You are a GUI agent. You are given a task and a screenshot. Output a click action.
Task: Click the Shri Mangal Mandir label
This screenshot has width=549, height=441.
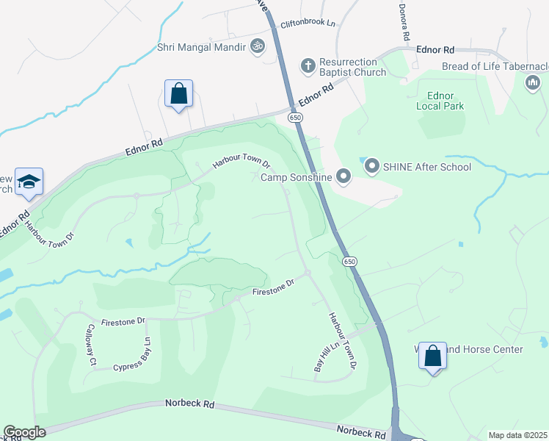(201, 47)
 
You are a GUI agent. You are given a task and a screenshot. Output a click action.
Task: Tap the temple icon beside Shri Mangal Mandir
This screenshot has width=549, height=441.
(256, 47)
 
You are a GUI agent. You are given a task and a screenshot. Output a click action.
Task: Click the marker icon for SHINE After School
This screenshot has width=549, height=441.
(371, 167)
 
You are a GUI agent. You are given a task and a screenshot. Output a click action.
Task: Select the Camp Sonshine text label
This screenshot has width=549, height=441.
(297, 176)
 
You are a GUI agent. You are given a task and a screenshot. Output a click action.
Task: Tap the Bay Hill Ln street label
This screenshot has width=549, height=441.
(324, 356)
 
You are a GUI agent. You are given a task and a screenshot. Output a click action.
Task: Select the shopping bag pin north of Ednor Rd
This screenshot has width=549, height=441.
(178, 93)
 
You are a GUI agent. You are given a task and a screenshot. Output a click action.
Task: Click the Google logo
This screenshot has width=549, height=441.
(24, 432)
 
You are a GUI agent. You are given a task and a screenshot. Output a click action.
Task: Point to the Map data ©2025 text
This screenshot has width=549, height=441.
(517, 435)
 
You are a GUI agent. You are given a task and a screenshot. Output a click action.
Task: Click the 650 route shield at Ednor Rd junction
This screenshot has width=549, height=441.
(295, 118)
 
